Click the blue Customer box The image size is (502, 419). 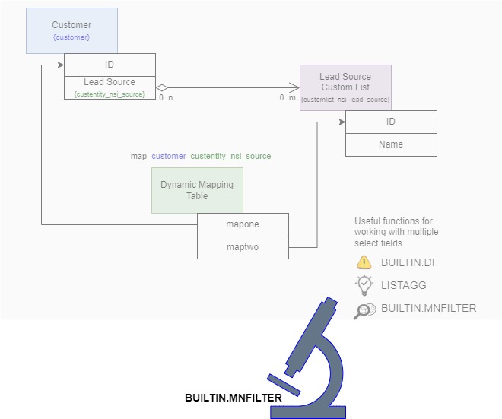(x=71, y=30)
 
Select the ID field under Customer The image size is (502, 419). (x=110, y=65)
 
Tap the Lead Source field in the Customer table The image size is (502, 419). (x=110, y=82)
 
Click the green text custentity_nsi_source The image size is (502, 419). (x=110, y=94)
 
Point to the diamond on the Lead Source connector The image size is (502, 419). (x=162, y=87)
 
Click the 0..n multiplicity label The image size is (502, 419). (x=167, y=98)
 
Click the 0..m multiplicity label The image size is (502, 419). (x=287, y=98)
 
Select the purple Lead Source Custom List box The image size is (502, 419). (x=345, y=87)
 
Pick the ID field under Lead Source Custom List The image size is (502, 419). (x=391, y=122)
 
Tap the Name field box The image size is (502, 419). (x=391, y=144)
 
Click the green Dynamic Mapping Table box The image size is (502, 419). (x=197, y=190)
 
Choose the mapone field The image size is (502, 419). (x=243, y=224)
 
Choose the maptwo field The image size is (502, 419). (x=243, y=247)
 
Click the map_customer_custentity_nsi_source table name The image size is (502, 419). (x=201, y=156)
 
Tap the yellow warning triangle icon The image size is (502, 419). (x=364, y=262)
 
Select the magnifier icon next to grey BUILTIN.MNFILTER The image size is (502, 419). (x=364, y=309)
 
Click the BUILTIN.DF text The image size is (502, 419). (x=409, y=263)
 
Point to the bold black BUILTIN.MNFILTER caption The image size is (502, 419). (x=234, y=398)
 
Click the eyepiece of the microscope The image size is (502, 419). (x=329, y=303)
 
